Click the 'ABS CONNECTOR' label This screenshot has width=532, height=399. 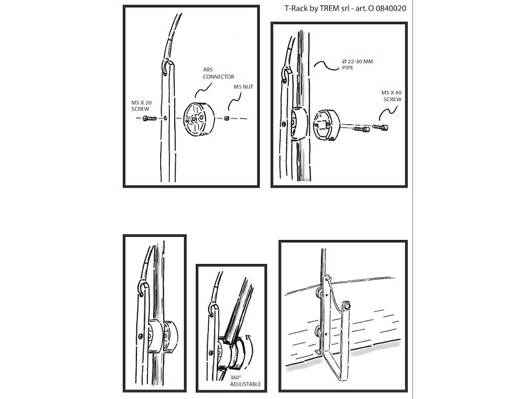click(x=219, y=73)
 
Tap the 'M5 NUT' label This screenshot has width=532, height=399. click(x=243, y=87)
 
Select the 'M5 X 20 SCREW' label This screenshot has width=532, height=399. click(x=142, y=106)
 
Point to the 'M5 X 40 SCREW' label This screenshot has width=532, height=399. click(x=391, y=96)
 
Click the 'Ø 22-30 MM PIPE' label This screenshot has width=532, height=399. click(x=357, y=65)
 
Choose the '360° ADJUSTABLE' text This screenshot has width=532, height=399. click(x=245, y=380)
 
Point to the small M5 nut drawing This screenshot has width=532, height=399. click(x=227, y=118)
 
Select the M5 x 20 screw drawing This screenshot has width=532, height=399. click(x=149, y=118)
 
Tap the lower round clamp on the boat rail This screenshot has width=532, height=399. click(x=319, y=331)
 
